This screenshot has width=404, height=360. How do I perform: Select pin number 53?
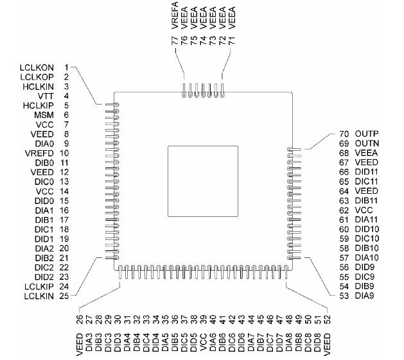(344, 296)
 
